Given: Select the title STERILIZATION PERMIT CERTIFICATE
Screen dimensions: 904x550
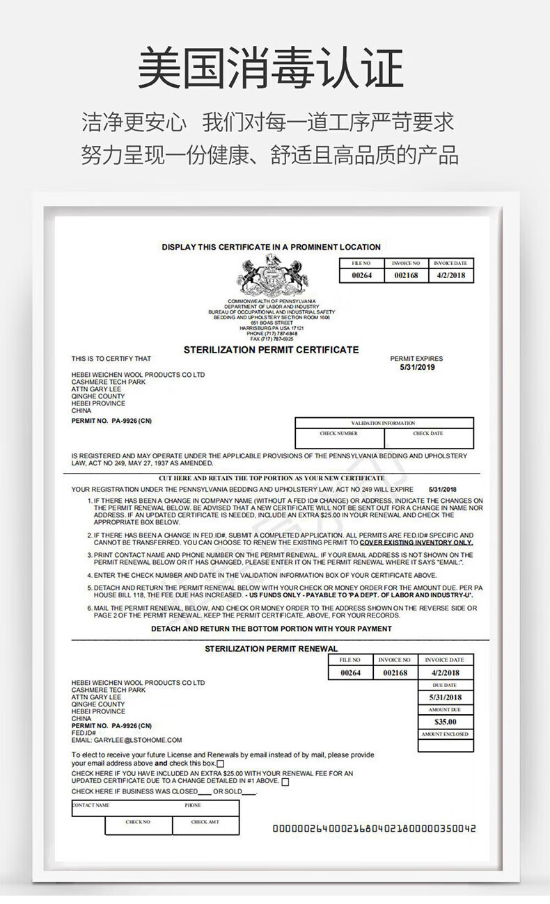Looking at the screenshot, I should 271,350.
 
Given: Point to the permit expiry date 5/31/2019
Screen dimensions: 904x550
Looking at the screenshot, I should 417,367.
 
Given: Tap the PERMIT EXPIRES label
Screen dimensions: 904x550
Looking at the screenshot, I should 416,359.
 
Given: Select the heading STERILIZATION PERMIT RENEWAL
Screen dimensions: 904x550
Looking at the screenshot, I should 271,649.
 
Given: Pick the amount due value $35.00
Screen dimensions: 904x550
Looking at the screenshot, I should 445,722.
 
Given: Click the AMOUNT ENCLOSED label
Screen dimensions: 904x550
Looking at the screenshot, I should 445,734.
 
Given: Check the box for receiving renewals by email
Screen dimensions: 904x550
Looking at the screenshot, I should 220,764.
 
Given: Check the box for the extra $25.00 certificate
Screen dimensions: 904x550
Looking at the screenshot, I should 285,782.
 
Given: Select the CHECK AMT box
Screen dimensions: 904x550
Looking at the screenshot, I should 205,825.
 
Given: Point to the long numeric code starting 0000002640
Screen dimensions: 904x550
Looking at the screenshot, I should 374,828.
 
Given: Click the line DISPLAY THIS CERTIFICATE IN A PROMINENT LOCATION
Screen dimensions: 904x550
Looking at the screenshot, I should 271,247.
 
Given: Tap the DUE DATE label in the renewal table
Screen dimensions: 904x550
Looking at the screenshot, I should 445,685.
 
